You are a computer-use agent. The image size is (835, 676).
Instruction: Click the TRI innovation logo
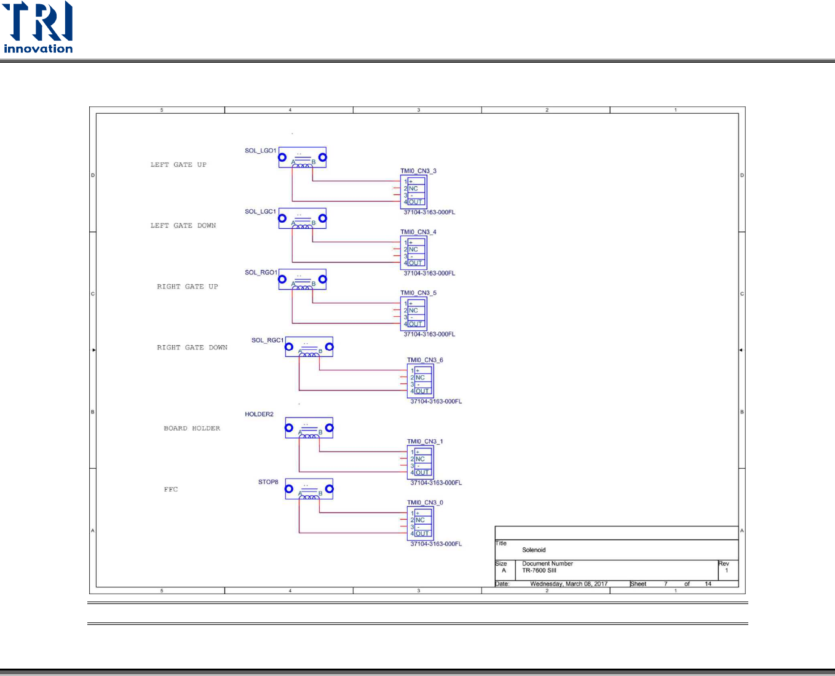point(38,28)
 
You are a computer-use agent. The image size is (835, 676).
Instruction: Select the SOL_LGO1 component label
point(261,151)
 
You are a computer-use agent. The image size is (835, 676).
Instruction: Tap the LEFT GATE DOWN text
point(183,226)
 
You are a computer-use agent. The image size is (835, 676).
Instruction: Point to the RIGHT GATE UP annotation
point(188,287)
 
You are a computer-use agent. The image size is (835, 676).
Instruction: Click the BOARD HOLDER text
point(192,428)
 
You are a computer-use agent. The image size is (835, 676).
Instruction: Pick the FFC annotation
point(171,490)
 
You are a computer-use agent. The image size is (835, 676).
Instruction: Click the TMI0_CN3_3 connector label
point(418,171)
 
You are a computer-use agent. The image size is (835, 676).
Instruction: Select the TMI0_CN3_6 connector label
point(425,360)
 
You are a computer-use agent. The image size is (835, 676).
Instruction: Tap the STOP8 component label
point(268,482)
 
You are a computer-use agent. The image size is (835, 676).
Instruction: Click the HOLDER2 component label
point(259,415)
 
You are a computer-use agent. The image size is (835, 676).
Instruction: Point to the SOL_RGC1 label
point(267,340)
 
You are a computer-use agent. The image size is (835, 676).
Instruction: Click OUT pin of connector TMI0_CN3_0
point(422,534)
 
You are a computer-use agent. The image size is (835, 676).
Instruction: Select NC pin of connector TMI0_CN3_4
point(413,250)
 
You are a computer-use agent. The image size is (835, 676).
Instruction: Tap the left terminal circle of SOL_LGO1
point(282,157)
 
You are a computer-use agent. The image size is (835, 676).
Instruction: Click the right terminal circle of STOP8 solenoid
point(330,489)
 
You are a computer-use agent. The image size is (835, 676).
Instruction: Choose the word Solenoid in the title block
point(534,550)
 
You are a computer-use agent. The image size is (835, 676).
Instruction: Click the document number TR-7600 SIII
point(539,570)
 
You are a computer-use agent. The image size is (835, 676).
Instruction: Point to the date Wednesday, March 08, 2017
point(569,584)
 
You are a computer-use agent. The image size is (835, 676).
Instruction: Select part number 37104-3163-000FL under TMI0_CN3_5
point(429,335)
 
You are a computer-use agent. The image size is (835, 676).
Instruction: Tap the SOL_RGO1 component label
point(261,272)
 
